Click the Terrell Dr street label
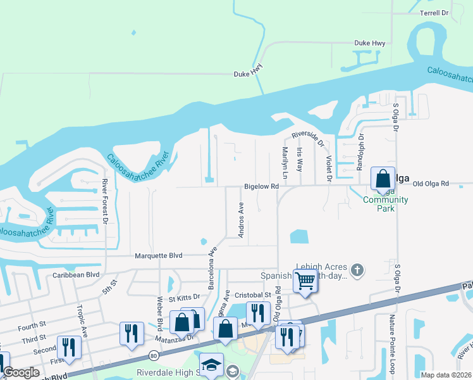[434, 13]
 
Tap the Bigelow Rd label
[262, 187]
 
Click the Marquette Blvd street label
[158, 256]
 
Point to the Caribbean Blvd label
[76, 275]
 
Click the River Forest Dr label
[105, 201]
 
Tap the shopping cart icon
[305, 279]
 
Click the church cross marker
[357, 270]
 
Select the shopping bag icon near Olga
[383, 179]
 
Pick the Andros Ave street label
[241, 220]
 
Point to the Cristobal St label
[253, 295]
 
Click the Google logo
[21, 372]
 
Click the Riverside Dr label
[307, 134]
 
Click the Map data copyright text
[446, 375]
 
